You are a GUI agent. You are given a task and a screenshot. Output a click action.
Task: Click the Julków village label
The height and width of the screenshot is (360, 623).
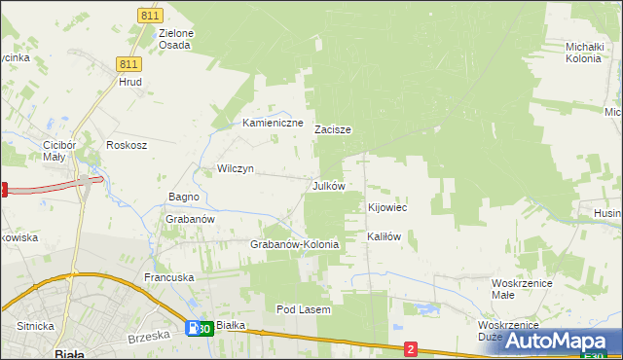click(328, 186)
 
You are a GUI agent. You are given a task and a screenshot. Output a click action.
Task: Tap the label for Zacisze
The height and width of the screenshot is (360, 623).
click(332, 129)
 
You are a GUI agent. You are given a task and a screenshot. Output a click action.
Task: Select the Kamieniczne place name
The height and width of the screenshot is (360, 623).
click(273, 124)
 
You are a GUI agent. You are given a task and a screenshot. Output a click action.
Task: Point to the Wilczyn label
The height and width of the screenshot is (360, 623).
click(235, 168)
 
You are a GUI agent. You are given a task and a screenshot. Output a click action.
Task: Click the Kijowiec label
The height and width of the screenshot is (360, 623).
click(386, 208)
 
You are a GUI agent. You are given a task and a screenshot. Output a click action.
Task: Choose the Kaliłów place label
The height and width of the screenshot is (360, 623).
click(384, 236)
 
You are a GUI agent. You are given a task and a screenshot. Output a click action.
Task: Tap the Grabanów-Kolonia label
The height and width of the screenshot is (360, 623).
click(294, 244)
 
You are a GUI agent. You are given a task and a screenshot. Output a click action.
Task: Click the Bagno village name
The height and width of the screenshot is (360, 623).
click(183, 197)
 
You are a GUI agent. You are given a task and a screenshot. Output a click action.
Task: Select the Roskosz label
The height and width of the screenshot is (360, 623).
click(127, 145)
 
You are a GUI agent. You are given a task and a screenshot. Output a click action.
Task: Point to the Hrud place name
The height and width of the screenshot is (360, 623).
click(130, 83)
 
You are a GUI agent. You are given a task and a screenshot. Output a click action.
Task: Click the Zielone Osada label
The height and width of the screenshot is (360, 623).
click(176, 39)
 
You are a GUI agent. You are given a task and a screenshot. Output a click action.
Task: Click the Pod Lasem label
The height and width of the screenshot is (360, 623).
click(304, 309)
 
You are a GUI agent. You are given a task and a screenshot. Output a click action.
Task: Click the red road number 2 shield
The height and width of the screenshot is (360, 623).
click(411, 348)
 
